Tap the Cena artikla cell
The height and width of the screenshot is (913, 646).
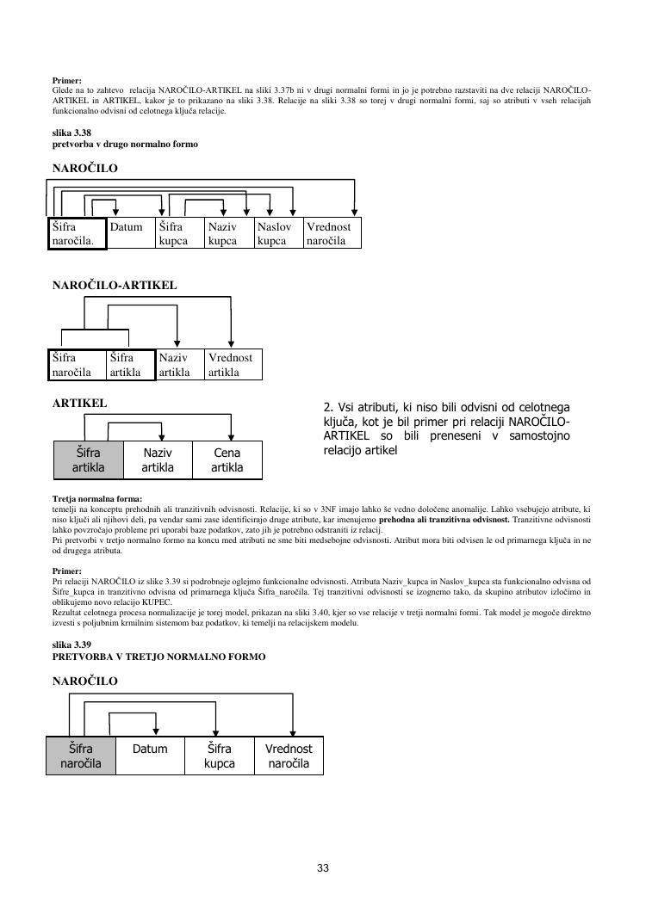(x=227, y=460)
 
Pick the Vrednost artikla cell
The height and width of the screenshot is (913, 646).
(x=233, y=365)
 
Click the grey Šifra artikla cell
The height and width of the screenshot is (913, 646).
(x=89, y=460)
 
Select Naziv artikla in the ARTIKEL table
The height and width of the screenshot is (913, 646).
(x=158, y=460)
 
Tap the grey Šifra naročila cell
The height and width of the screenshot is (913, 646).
(x=81, y=756)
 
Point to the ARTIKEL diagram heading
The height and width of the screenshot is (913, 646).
(x=80, y=403)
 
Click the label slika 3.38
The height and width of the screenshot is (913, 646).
(x=71, y=133)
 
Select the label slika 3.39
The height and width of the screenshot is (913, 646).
(x=71, y=645)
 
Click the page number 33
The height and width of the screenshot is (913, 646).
(x=323, y=868)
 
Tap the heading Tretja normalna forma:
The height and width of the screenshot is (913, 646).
(x=97, y=499)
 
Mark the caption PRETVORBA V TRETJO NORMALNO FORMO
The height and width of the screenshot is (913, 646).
(x=158, y=657)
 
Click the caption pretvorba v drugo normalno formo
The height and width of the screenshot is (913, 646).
(x=125, y=145)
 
